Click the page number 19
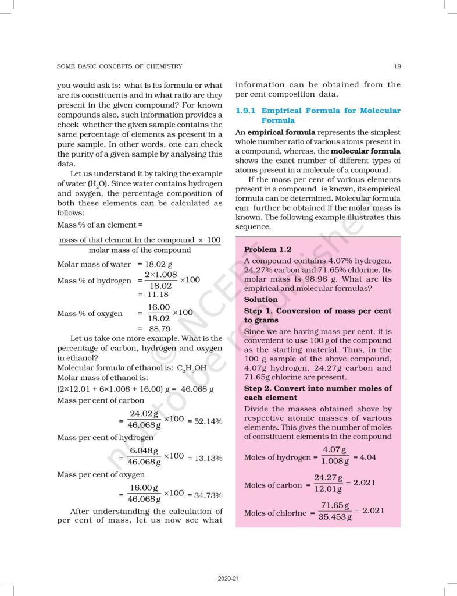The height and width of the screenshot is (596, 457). tap(397, 66)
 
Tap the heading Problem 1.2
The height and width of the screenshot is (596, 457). tap(267, 249)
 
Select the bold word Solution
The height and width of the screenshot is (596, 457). tap(260, 299)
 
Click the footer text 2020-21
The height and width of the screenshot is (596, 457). tap(228, 579)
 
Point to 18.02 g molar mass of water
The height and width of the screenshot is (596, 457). tap(154, 264)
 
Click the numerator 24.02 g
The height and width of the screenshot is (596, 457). tap(144, 414)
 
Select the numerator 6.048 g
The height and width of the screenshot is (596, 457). tap(144, 451)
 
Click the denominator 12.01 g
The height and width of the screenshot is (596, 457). tap(328, 489)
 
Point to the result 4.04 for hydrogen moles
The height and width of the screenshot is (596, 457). tap(367, 457)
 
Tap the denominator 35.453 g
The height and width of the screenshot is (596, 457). tap(335, 517)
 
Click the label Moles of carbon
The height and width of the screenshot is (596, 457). tap(273, 485)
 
